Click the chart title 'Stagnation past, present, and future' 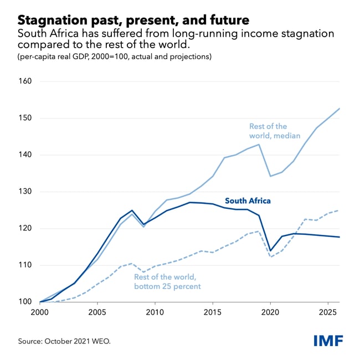(x=133, y=20)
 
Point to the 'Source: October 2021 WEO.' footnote (x=64, y=341)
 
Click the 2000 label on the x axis (x=40, y=313)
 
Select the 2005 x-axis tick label (x=97, y=313)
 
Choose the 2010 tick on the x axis (x=155, y=313)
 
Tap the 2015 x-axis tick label (x=213, y=313)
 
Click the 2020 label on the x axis (x=270, y=313)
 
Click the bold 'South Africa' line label (x=247, y=201)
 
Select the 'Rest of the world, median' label (x=275, y=131)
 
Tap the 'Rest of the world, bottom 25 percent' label (x=167, y=282)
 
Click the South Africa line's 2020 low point (x=270, y=250)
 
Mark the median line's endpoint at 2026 (x=340, y=109)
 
